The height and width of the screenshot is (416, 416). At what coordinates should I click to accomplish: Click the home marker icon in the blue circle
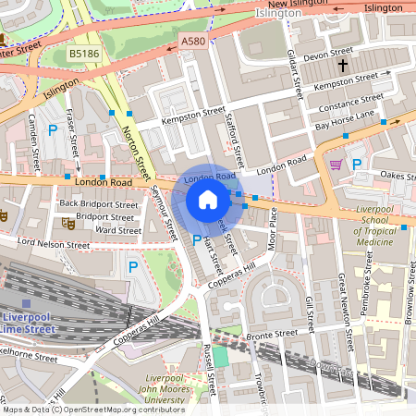[208, 200]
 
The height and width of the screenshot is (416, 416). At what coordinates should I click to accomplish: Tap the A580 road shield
[193, 42]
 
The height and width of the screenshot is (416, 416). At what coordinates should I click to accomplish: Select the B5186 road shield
[84, 55]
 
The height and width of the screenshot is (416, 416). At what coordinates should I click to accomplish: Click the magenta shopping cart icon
[336, 164]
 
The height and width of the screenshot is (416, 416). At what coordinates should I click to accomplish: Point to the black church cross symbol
[342, 66]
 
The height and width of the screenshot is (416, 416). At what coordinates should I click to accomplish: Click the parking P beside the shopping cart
[356, 164]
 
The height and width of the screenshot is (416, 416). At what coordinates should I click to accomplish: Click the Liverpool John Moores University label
[179, 389]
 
